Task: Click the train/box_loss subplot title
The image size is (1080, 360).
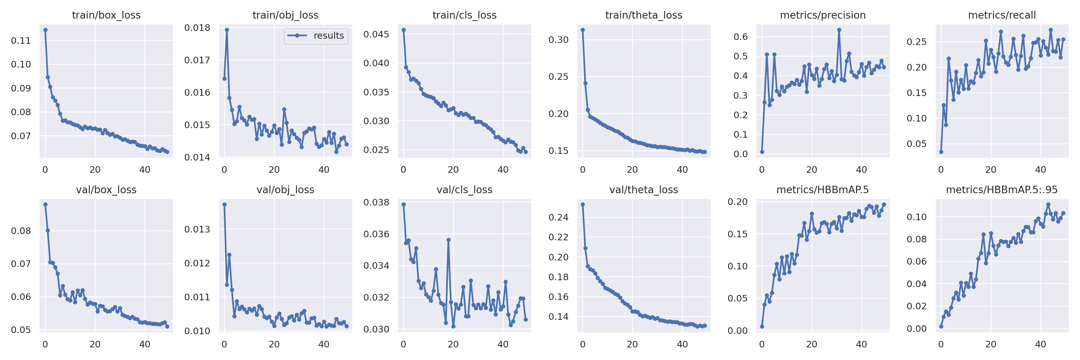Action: click(106, 15)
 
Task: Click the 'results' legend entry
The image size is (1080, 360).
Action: click(328, 36)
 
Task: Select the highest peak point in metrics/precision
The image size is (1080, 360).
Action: click(839, 30)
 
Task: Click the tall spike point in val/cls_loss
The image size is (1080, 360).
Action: click(448, 240)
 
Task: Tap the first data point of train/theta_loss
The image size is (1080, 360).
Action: click(582, 30)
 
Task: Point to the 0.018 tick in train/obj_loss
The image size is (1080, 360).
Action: click(197, 28)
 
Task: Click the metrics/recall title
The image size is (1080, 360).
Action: click(1002, 15)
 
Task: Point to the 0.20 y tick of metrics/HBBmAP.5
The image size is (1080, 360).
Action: click(737, 202)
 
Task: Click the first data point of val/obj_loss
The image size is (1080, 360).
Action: click(224, 205)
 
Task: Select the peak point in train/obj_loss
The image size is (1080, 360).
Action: click(227, 30)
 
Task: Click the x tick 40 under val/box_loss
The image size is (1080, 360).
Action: click(145, 344)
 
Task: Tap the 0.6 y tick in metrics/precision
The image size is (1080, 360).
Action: click(740, 37)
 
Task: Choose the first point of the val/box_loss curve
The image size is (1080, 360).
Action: click(45, 205)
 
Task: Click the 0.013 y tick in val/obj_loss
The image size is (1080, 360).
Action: click(197, 229)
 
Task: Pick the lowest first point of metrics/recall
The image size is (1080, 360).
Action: click(941, 152)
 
